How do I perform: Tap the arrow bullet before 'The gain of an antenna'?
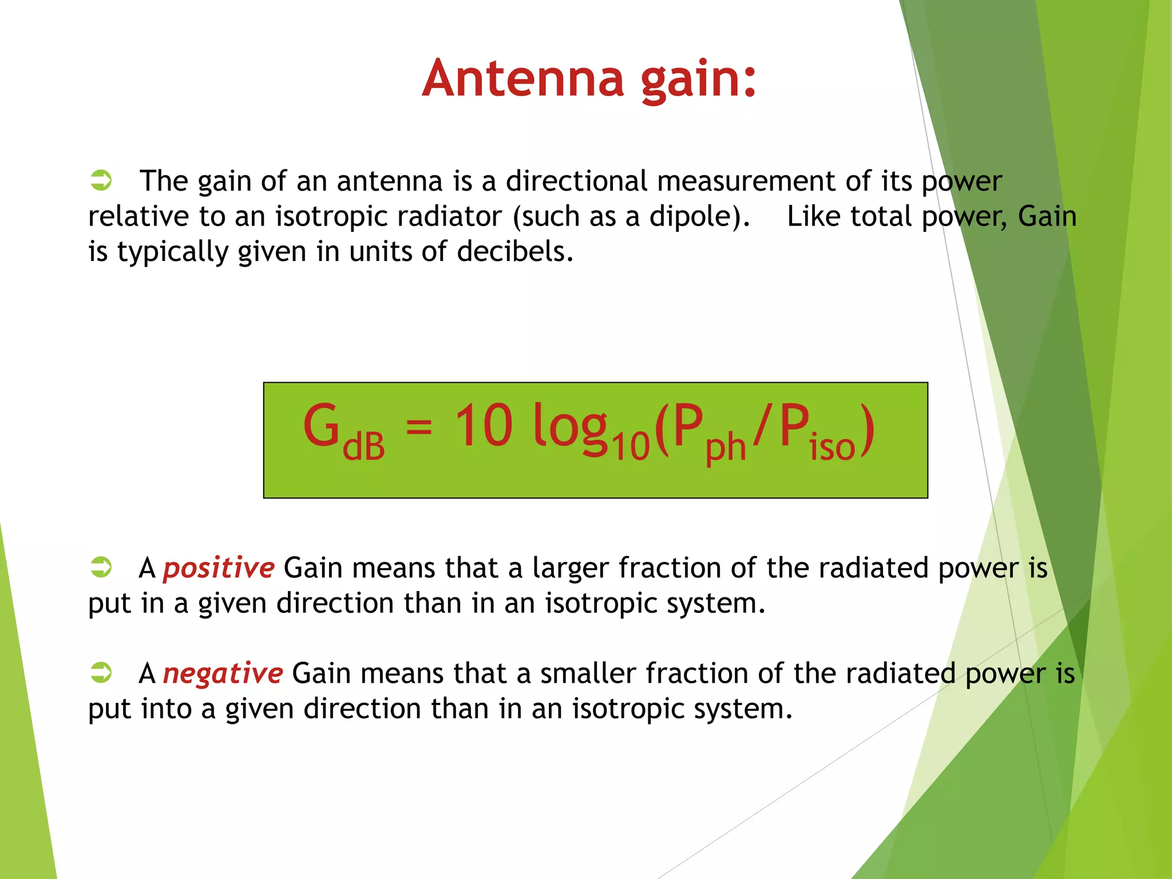101,180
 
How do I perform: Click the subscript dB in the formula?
364,446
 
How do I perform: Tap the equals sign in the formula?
419,426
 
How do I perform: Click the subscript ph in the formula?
726,448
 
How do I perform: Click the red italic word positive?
219,569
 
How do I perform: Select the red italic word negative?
223,674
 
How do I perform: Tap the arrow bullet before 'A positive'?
101,567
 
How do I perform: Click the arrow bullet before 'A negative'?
101,672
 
